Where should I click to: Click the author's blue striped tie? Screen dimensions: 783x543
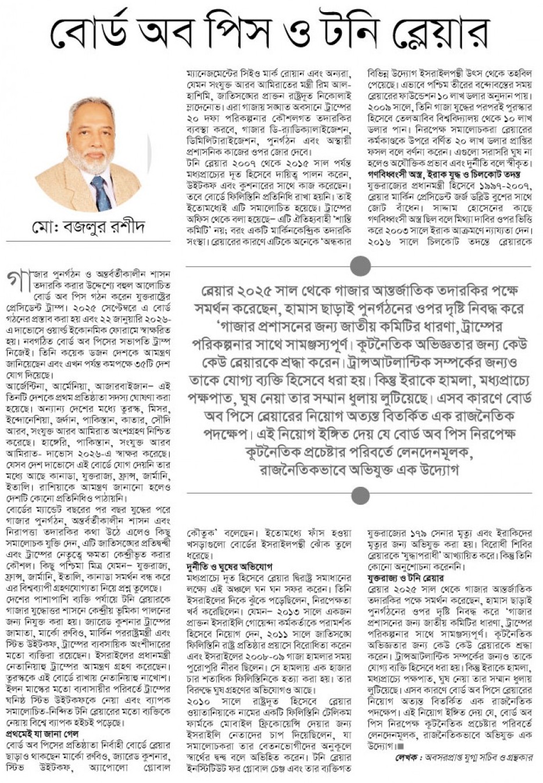(102, 192)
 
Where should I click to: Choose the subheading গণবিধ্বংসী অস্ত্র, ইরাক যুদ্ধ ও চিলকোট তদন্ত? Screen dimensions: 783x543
(444, 174)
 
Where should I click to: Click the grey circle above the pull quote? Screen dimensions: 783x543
(361, 267)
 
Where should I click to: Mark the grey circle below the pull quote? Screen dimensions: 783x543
(361, 495)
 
